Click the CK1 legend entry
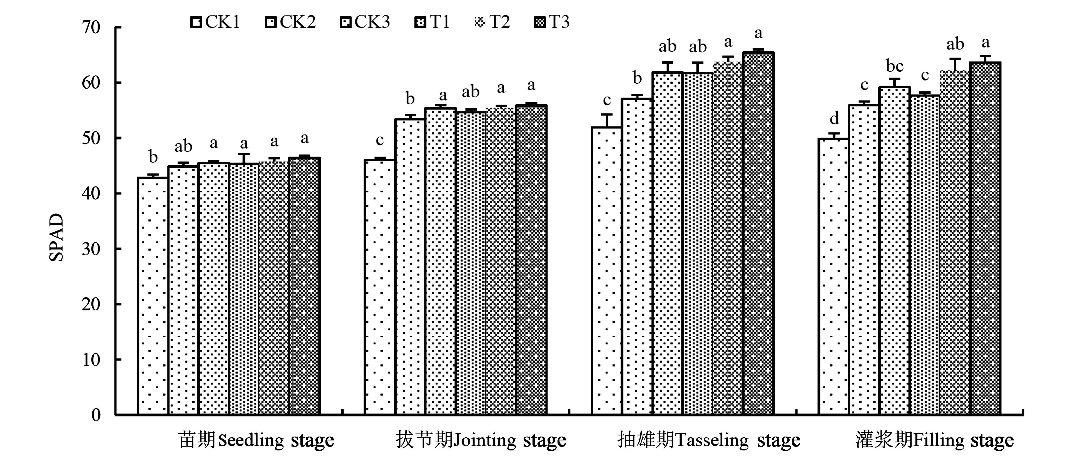(215, 22)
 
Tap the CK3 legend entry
(365, 22)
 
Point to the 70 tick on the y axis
(91, 28)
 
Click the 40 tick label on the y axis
(91, 193)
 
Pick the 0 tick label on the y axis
(96, 415)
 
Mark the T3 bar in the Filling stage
(985, 238)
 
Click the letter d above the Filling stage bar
(834, 118)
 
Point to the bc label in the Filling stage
(894, 66)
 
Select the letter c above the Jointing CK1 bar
(380, 140)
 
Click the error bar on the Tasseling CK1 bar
(607, 120)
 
